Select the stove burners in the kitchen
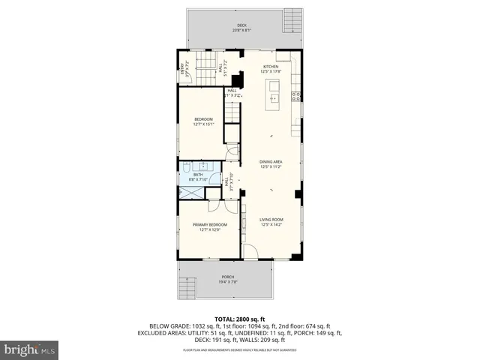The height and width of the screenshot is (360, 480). [295, 95]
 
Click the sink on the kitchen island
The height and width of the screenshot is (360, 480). [274, 96]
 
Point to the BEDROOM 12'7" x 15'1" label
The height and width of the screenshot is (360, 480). [204, 121]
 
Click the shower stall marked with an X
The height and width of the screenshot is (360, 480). [190, 192]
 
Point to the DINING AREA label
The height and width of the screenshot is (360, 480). [270, 163]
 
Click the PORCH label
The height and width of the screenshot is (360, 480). [228, 278]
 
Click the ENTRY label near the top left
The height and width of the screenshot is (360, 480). [182, 70]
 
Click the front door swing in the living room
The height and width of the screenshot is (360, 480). [259, 253]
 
